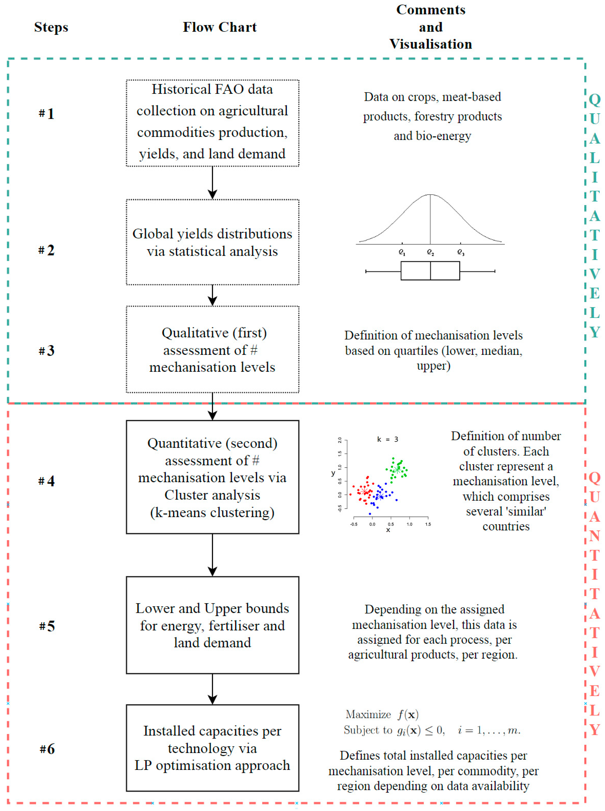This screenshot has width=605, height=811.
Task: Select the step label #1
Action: (46, 113)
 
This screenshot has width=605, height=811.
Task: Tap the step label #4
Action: (46, 481)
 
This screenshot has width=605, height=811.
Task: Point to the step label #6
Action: (47, 749)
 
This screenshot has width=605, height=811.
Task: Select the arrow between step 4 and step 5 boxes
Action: (212, 555)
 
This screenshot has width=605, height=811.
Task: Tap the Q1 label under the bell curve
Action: (402, 252)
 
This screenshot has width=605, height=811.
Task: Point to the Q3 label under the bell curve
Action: (461, 252)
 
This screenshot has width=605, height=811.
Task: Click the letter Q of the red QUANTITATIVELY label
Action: (594, 478)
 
